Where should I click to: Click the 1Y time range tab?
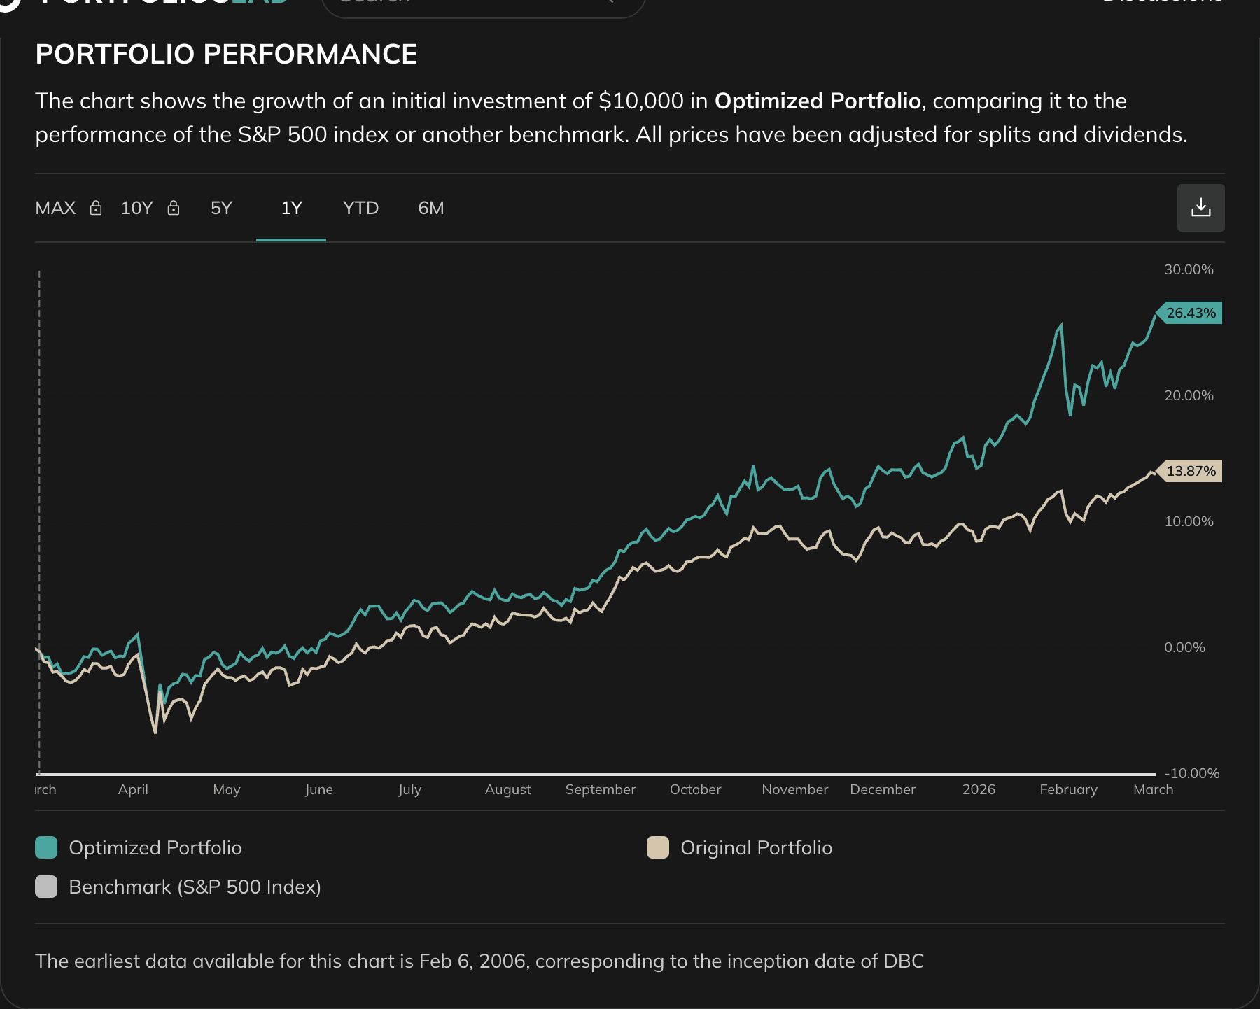pyautogui.click(x=291, y=209)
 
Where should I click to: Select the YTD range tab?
pyautogui.click(x=360, y=209)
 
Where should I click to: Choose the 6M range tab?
pyautogui.click(x=430, y=209)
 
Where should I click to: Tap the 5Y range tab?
pyautogui.click(x=221, y=209)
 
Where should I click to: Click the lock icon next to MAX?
pyautogui.click(x=96, y=208)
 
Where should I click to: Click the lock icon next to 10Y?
pyautogui.click(x=174, y=208)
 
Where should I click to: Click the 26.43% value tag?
pyautogui.click(x=1190, y=313)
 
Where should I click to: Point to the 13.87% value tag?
pyautogui.click(x=1190, y=471)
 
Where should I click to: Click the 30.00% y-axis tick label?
pyautogui.click(x=1189, y=269)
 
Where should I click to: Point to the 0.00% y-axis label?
pyautogui.click(x=1184, y=647)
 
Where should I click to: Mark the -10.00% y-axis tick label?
pyautogui.click(x=1191, y=773)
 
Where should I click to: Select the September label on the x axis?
pyautogui.click(x=600, y=789)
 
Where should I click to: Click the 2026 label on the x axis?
pyautogui.click(x=978, y=789)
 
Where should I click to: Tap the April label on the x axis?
pyautogui.click(x=133, y=789)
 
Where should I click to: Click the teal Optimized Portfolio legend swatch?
pyautogui.click(x=46, y=847)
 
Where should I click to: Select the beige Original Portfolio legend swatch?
pyautogui.click(x=658, y=847)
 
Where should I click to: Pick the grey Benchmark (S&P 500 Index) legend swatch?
pyautogui.click(x=46, y=887)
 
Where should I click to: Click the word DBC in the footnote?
pyautogui.click(x=904, y=961)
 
